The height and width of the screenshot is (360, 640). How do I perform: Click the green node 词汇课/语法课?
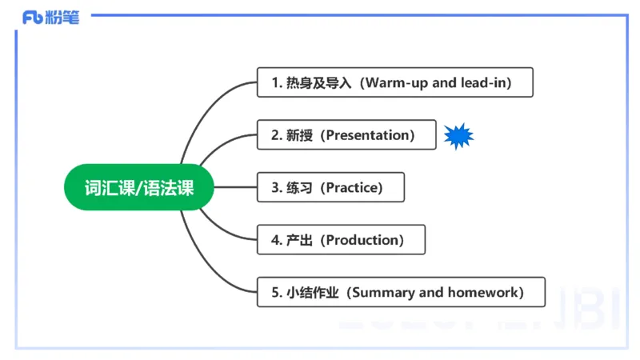tap(139, 188)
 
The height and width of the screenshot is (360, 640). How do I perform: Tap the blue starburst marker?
tap(459, 136)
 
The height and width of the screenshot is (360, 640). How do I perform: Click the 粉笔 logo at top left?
tap(51, 17)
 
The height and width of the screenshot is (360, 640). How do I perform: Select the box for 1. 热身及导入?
tap(394, 82)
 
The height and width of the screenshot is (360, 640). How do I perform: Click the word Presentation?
tap(369, 135)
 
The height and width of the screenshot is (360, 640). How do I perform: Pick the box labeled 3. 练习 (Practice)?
tap(330, 187)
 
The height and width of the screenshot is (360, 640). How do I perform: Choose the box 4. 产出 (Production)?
tap(341, 240)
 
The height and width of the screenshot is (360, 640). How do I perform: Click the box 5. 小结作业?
tap(400, 292)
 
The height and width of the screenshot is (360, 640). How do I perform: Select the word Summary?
tap(383, 292)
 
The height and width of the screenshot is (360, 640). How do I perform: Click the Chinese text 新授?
tap(302, 135)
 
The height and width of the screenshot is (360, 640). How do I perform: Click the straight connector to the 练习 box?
tap(236, 188)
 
